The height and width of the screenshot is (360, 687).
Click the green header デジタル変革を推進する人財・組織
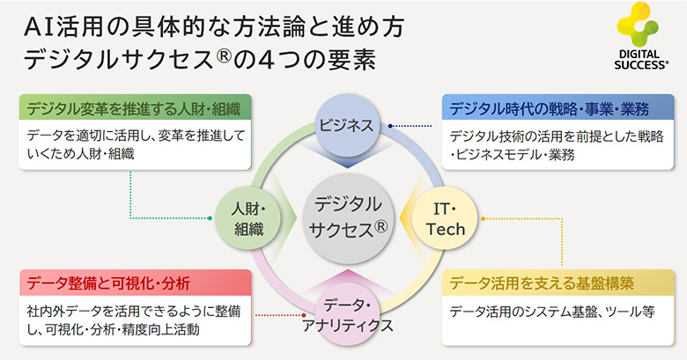click(x=135, y=109)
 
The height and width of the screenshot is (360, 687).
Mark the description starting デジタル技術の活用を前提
click(x=555, y=145)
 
